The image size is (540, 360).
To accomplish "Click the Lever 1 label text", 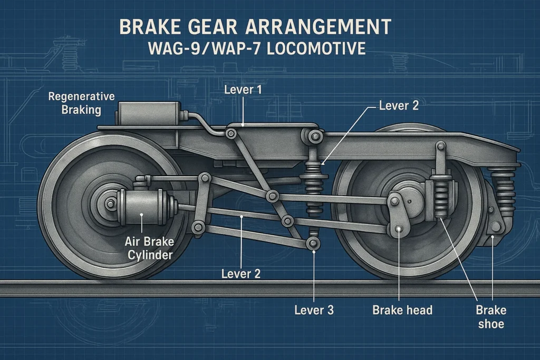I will point(243,90).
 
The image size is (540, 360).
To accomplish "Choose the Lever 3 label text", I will point(314,310).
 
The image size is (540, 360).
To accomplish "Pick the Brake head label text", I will point(402,309).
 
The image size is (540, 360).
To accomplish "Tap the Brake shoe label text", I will point(490,316).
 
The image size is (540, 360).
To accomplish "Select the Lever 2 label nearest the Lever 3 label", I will point(240,274).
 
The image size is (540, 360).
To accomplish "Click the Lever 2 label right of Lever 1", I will point(399,105).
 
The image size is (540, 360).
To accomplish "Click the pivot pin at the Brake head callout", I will point(399,229).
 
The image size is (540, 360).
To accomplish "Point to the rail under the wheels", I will point(270,288).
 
